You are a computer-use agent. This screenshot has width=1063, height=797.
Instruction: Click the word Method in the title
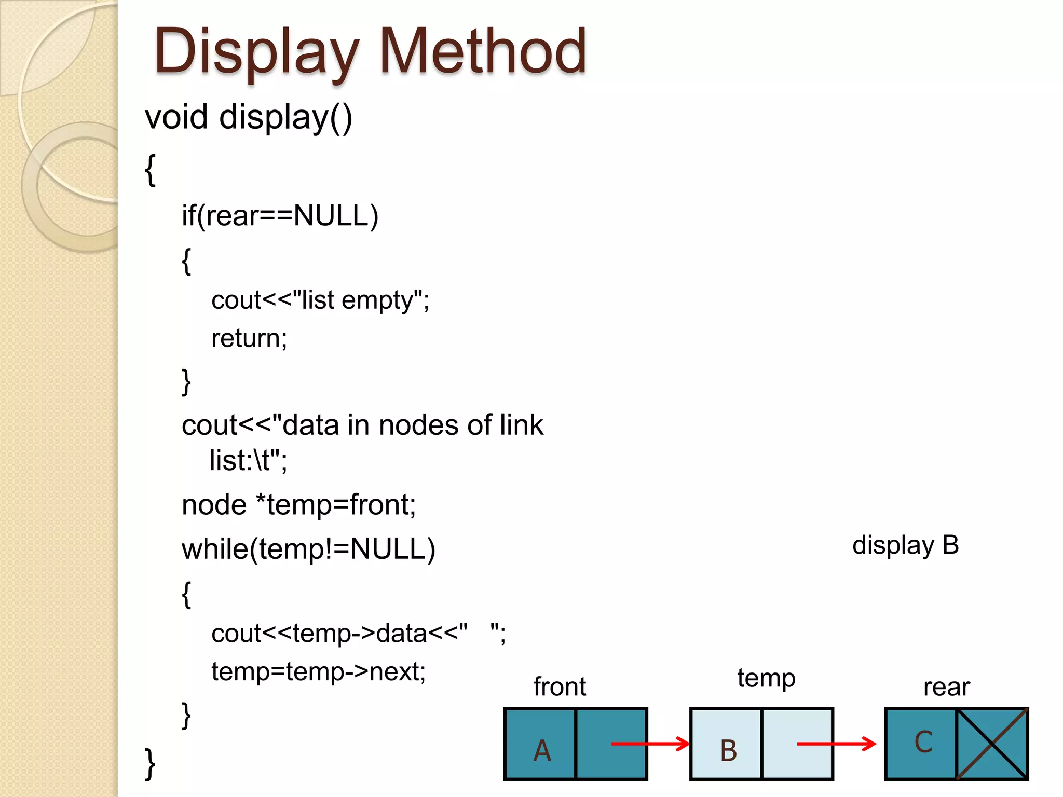click(483, 52)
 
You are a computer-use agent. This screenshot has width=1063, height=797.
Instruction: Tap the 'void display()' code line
click(249, 117)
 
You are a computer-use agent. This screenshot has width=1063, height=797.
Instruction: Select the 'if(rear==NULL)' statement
click(280, 215)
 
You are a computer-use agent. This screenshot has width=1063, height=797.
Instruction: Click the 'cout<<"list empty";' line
click(320, 300)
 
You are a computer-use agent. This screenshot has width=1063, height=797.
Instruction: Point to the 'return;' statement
click(249, 338)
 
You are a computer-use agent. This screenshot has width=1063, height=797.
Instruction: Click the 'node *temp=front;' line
click(298, 505)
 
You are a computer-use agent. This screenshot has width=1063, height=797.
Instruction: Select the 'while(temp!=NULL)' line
click(308, 549)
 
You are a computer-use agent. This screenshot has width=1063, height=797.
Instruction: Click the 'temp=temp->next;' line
click(318, 671)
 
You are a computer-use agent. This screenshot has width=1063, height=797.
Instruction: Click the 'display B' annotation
click(905, 545)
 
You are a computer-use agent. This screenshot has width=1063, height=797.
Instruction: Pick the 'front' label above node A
click(560, 686)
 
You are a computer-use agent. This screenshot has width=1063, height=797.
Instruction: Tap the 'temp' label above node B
click(766, 678)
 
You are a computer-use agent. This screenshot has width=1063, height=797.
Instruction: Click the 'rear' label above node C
click(946, 687)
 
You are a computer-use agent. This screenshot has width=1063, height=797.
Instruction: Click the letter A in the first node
click(542, 750)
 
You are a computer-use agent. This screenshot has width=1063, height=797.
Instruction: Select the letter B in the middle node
click(728, 750)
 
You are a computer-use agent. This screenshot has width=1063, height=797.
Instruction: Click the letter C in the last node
click(923, 742)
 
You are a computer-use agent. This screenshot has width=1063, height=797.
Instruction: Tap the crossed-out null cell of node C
click(992, 744)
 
